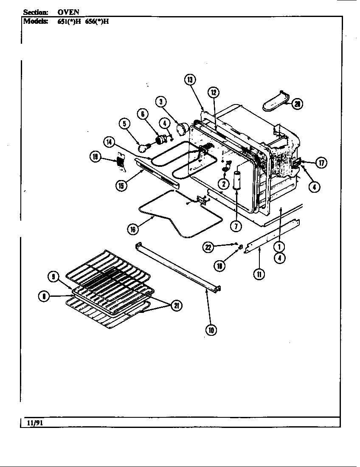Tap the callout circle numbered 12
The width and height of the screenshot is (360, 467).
click(x=213, y=92)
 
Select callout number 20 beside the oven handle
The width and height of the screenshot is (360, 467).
click(x=297, y=104)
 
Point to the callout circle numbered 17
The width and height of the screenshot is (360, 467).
click(x=321, y=163)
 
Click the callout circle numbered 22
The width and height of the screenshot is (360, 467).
click(x=208, y=248)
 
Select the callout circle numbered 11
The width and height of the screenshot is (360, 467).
click(x=259, y=274)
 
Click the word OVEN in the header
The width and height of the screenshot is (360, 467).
click(x=68, y=12)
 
